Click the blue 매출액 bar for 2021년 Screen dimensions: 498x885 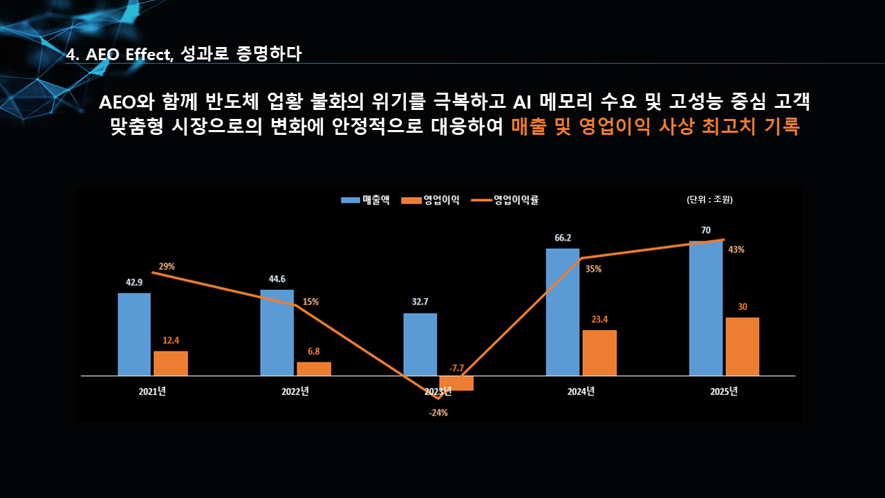[x=134, y=334]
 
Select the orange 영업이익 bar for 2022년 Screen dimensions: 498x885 [x=314, y=369]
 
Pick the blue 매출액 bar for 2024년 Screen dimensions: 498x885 [x=563, y=312]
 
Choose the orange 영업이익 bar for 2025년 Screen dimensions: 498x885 [x=742, y=347]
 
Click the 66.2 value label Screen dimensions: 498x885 [x=563, y=238]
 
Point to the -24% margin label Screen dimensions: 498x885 [x=438, y=413]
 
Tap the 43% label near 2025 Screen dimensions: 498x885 [x=736, y=250]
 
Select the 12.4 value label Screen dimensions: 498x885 [x=171, y=340]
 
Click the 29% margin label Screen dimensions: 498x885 [x=167, y=266]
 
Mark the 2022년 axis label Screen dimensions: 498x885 [x=295, y=391]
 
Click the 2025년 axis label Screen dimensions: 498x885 [x=724, y=391]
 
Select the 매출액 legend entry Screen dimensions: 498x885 [x=366, y=200]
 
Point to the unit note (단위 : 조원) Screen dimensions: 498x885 [x=709, y=200]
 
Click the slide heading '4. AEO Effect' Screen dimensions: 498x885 [x=119, y=55]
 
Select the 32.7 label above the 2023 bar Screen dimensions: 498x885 [x=420, y=302]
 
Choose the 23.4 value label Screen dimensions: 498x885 [x=599, y=319]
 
